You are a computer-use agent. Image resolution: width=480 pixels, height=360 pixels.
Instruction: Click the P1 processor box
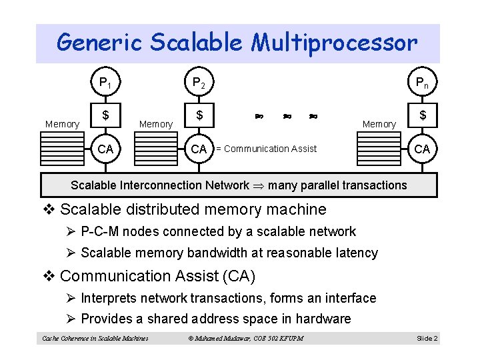coord(105,83)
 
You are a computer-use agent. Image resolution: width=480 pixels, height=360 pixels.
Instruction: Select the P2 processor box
coord(199,83)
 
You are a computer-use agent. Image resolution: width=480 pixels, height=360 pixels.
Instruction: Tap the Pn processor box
coord(422,83)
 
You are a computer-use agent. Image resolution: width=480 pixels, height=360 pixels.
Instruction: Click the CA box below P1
coord(105,149)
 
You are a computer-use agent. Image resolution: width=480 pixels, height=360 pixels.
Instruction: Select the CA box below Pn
coord(422,149)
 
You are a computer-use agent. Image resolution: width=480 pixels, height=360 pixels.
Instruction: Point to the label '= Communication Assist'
coord(266,149)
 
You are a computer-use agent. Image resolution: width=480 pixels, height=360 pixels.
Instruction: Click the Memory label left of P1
coord(62,124)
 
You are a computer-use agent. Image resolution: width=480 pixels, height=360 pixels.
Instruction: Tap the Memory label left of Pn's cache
coord(379,124)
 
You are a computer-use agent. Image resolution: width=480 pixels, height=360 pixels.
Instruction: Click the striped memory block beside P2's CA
coord(155,152)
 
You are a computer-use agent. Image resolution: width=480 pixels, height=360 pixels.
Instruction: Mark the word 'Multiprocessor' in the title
coord(335,43)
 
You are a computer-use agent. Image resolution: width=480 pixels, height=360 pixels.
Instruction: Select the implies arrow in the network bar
coord(259,185)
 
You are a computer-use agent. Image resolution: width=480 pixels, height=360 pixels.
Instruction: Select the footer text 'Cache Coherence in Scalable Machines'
coord(95,339)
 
